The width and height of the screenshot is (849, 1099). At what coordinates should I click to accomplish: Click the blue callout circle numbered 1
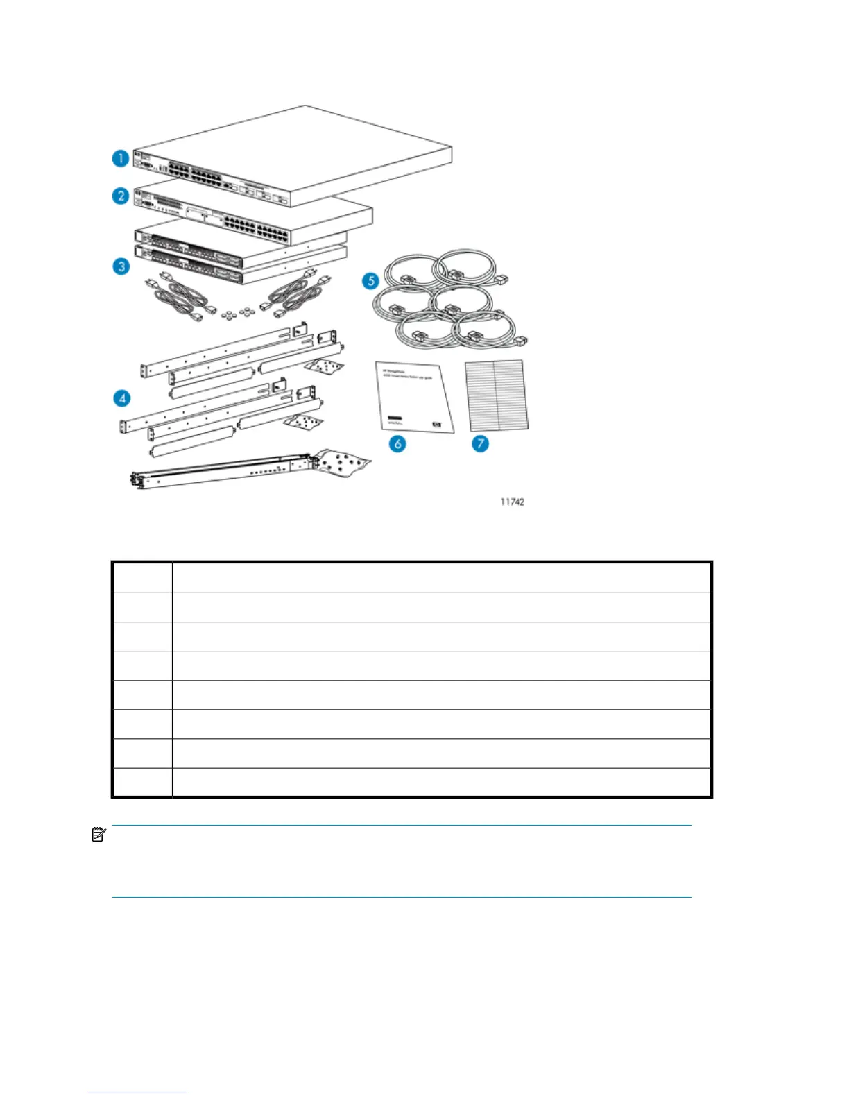[x=121, y=158]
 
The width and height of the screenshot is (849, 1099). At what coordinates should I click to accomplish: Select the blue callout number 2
[x=121, y=196]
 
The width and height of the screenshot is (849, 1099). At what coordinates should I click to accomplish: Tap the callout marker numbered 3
[x=121, y=266]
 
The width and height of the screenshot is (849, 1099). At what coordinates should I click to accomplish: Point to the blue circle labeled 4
[x=122, y=398]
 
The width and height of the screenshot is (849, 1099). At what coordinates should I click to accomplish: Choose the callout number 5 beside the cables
[x=371, y=280]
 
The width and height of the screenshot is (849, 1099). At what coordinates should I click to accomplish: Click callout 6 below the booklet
[x=397, y=443]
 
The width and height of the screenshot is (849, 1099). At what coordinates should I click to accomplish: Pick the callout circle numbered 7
[x=480, y=443]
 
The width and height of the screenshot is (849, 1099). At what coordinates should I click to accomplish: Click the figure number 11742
[x=513, y=502]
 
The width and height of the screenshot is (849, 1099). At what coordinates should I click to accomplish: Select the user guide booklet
[x=414, y=397]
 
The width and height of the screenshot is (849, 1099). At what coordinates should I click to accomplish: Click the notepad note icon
[x=98, y=834]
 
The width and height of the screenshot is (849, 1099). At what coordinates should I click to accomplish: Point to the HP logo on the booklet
[x=436, y=425]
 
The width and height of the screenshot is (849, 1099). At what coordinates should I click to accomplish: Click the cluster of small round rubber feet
[x=235, y=314]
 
